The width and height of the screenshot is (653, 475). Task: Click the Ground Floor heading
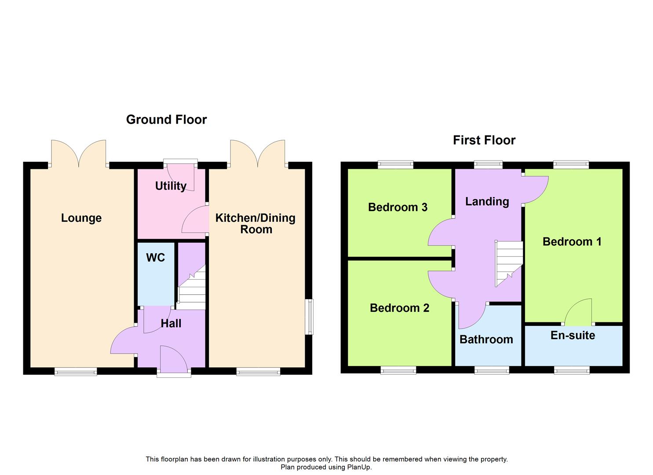click(x=166, y=120)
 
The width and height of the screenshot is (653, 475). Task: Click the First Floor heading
click(x=484, y=140)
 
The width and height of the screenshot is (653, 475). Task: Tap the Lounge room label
click(x=81, y=218)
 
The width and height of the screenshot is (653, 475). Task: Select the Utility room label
click(x=171, y=186)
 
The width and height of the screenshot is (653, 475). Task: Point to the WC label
click(x=155, y=258)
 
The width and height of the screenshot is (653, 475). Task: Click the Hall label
click(x=171, y=324)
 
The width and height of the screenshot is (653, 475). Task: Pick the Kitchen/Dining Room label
click(x=255, y=223)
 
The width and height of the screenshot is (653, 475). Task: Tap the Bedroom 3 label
click(x=398, y=207)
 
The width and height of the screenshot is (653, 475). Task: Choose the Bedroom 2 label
click(x=399, y=308)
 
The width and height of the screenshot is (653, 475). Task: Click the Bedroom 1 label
click(x=572, y=241)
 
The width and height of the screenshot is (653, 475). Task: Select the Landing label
click(x=487, y=201)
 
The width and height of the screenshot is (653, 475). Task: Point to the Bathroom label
click(x=486, y=340)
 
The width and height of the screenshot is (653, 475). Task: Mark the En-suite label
click(x=573, y=336)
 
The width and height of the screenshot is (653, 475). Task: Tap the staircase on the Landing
click(x=509, y=263)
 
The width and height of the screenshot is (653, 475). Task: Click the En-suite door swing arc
click(x=578, y=311)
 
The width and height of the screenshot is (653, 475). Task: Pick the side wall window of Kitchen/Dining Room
click(x=310, y=317)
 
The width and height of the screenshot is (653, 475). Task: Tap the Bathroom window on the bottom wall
click(x=492, y=371)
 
